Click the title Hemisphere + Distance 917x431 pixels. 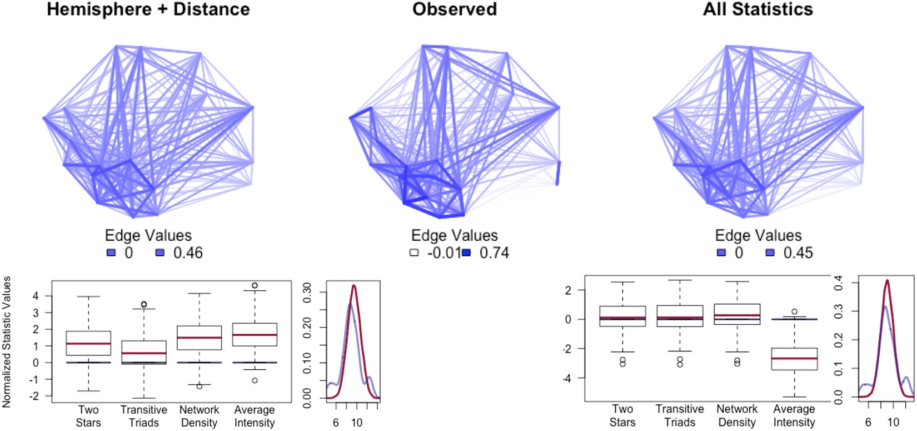click(x=148, y=9)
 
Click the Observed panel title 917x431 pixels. click(x=455, y=9)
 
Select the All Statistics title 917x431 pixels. click(x=757, y=9)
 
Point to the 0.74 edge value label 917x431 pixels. click(x=494, y=253)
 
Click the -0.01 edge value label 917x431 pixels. click(x=444, y=253)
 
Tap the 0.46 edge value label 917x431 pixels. click(x=188, y=253)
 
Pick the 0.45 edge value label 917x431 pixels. click(x=798, y=253)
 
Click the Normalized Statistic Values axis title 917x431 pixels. click(x=7, y=342)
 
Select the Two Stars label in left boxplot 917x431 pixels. click(x=88, y=416)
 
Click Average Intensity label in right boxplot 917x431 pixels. click(x=794, y=415)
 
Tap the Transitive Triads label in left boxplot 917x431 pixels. click(x=143, y=416)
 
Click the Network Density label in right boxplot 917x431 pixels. click(x=737, y=415)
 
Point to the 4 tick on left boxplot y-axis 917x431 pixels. click(x=36, y=296)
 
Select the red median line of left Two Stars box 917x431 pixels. click(x=88, y=344)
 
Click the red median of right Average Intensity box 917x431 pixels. click(x=794, y=359)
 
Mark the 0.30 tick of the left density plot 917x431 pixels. click(x=307, y=292)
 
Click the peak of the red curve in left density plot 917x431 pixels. click(x=353, y=286)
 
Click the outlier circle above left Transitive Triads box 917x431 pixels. click(x=144, y=304)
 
